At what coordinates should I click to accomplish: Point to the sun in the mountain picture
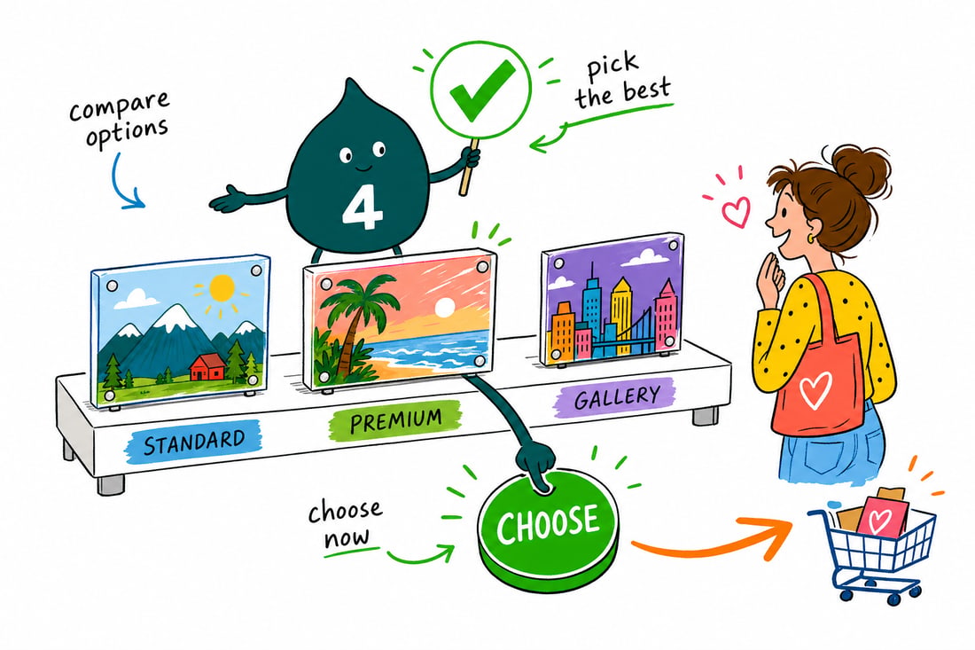pos(221,288)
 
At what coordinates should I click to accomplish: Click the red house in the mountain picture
pos(207,366)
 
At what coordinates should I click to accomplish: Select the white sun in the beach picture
pos(445,308)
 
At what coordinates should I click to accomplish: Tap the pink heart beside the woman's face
pos(737,211)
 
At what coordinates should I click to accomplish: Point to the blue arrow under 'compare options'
pos(126,183)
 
